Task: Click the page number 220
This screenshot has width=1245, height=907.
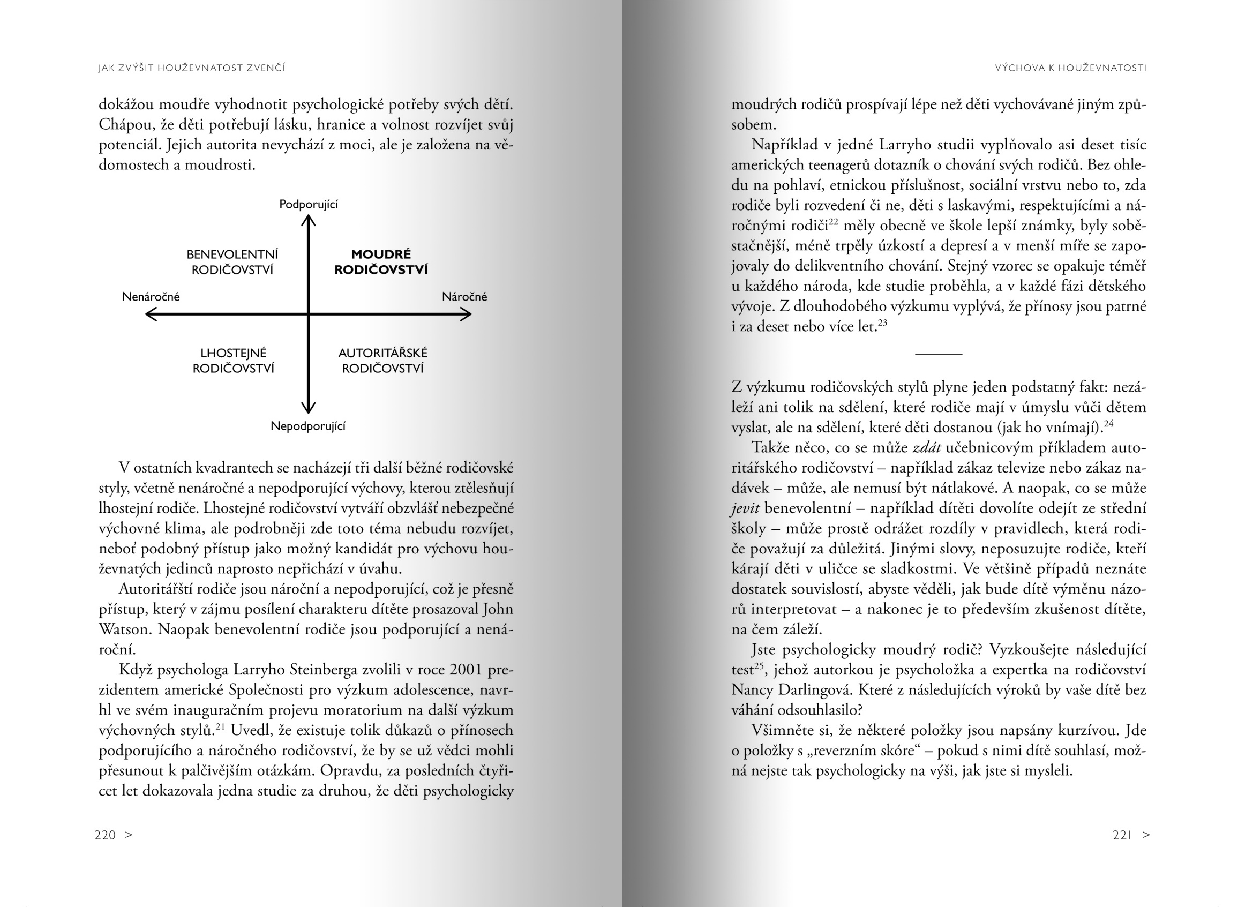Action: (105, 835)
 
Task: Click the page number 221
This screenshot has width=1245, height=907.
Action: (1122, 835)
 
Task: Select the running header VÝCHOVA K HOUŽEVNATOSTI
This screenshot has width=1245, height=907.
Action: (1070, 68)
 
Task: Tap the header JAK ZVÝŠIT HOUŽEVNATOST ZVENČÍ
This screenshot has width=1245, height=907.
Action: (192, 68)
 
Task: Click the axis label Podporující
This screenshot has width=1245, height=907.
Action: (309, 204)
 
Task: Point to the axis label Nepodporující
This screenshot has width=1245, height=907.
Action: (308, 426)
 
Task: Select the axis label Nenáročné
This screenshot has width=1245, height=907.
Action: (151, 296)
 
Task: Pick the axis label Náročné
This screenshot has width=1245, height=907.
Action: (464, 296)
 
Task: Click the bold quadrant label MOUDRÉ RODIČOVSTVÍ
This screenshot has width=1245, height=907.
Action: (381, 262)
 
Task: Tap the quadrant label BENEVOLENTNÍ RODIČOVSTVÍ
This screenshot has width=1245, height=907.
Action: (232, 262)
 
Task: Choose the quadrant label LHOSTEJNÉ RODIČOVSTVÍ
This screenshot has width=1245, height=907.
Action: (233, 360)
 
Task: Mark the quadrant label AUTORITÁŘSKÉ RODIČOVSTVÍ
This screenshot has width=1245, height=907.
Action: (382, 360)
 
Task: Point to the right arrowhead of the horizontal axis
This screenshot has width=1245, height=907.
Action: (468, 314)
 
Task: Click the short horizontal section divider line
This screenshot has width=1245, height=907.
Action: (939, 354)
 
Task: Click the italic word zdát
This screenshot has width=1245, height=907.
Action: (927, 447)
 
